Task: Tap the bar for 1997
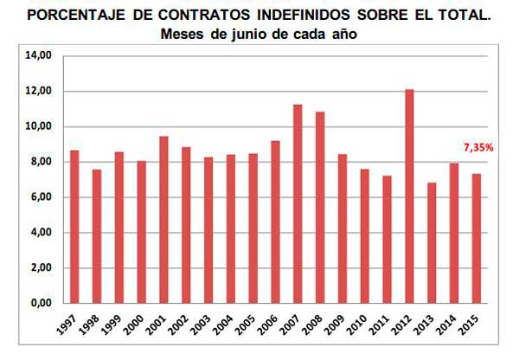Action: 74,226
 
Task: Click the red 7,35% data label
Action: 477,148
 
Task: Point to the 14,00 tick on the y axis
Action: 41,55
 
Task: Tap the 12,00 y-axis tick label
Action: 41,91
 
